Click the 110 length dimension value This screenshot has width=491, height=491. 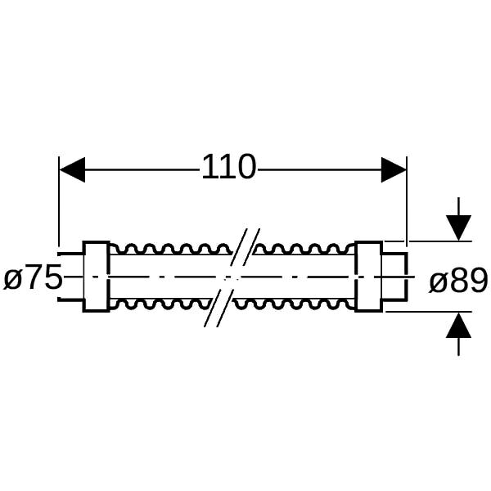[229, 167]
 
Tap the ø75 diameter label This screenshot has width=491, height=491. [33, 277]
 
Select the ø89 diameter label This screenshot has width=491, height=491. [458, 281]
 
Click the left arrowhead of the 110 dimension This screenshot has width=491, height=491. [72, 169]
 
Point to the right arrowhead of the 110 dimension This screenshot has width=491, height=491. [394, 170]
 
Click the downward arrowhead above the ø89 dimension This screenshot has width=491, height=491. [458, 227]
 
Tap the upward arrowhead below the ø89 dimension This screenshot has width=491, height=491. [458, 326]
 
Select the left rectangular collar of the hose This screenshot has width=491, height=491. [97, 277]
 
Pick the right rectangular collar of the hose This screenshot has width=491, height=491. [368, 277]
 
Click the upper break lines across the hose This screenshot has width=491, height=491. [245, 247]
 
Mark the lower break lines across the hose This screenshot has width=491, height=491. [218, 309]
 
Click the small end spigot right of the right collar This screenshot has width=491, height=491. [395, 277]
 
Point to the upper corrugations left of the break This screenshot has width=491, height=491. [171, 249]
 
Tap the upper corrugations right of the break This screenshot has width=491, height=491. [304, 249]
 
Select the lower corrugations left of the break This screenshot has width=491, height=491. [160, 304]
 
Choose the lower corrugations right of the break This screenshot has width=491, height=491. [295, 304]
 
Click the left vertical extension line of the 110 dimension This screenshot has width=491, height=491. [59, 201]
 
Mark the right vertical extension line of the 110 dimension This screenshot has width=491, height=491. [407, 201]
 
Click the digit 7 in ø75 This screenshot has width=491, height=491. [34, 277]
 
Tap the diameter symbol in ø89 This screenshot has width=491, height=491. [438, 283]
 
